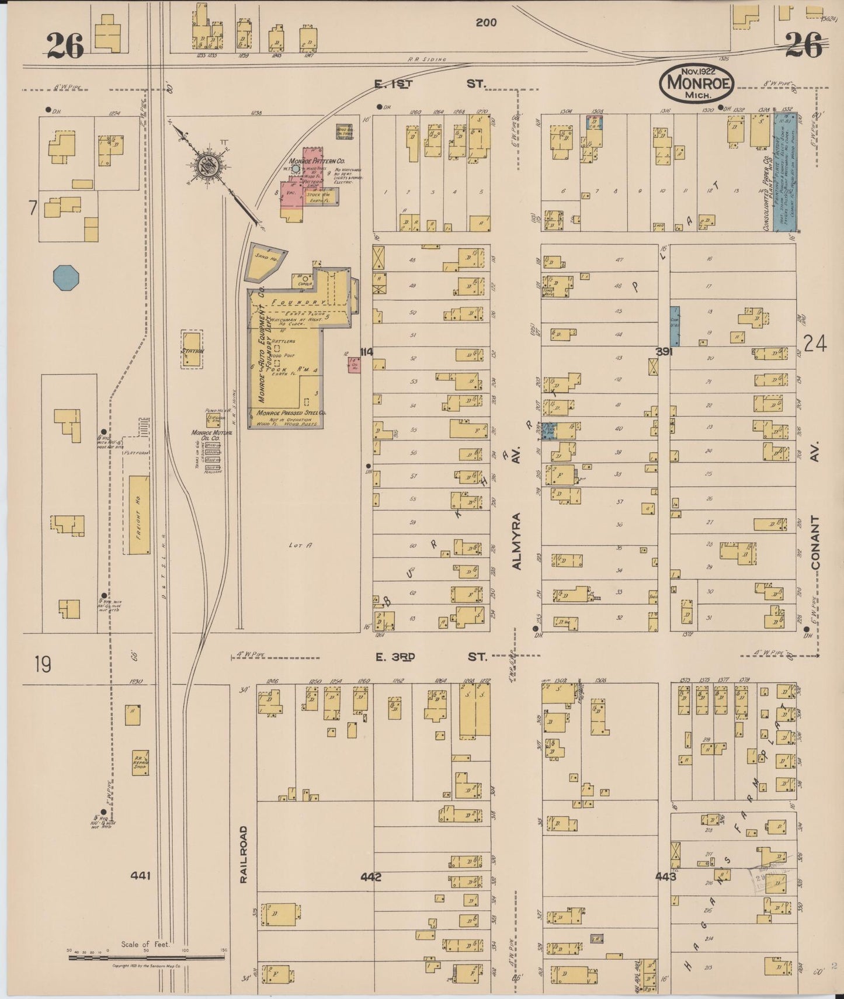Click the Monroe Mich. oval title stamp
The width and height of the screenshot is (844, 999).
point(696,83)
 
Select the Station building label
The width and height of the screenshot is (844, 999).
point(192,351)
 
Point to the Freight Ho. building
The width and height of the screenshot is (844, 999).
point(138,515)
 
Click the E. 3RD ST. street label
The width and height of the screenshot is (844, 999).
point(430,657)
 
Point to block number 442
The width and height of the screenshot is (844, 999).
point(371,876)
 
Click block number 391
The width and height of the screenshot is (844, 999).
point(664,352)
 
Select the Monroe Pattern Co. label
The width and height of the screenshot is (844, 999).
point(317,161)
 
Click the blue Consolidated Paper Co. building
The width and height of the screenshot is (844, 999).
point(785,172)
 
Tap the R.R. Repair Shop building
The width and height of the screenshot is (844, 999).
point(140,762)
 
